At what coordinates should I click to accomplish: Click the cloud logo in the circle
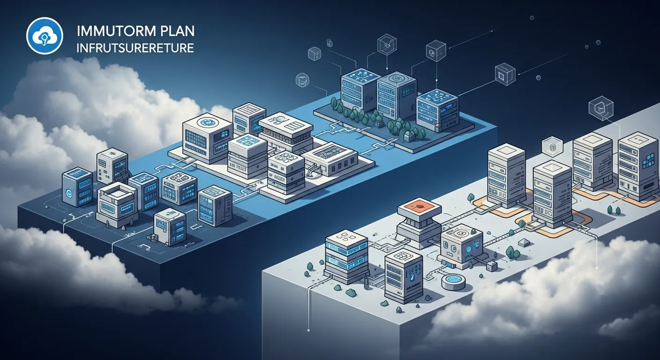pyautogui.click(x=45, y=35)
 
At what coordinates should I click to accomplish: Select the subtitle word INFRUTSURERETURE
pyautogui.click(x=135, y=48)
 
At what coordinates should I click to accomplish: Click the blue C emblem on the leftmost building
pyautogui.click(x=69, y=193)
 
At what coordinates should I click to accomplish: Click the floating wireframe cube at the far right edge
pyautogui.click(x=600, y=108)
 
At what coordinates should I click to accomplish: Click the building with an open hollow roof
pyautogui.click(x=116, y=191)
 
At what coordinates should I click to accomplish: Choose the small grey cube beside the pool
pyautogui.click(x=491, y=266)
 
